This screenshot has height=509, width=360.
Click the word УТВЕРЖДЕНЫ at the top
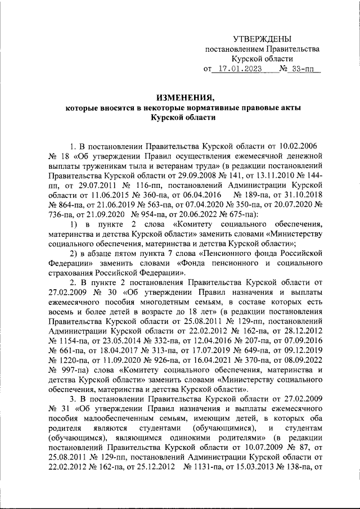click(263, 39)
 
